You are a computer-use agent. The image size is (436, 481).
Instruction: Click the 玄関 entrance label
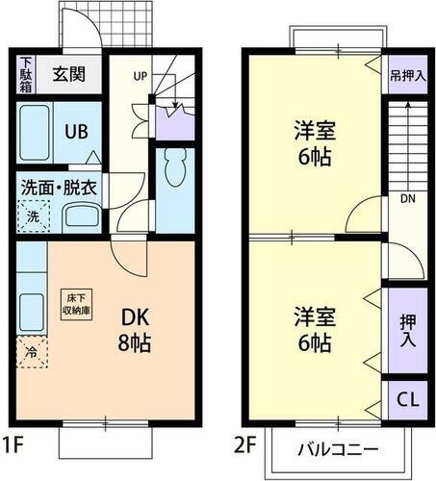click(x=69, y=73)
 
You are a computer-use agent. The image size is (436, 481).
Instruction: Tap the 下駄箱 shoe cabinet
click(x=26, y=74)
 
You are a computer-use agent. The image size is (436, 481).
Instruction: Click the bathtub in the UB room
click(x=34, y=134)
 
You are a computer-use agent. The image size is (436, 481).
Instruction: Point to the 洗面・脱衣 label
click(x=59, y=188)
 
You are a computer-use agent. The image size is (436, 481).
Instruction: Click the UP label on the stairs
click(x=139, y=75)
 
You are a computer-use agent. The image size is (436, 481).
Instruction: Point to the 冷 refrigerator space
click(x=30, y=352)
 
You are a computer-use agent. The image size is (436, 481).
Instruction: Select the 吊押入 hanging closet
click(x=407, y=75)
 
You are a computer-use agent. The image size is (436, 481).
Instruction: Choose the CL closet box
click(x=406, y=398)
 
